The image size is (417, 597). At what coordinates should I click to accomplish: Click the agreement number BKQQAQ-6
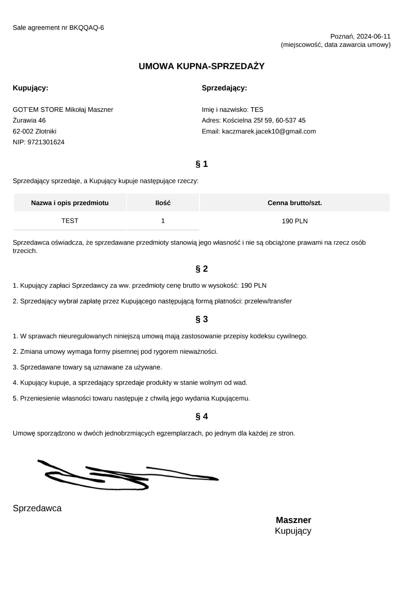tap(86, 28)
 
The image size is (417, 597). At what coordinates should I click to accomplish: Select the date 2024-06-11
tap(373, 36)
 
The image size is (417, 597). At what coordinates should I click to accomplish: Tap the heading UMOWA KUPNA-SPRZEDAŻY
tap(201, 66)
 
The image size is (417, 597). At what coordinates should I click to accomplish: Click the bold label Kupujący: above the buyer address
tap(31, 88)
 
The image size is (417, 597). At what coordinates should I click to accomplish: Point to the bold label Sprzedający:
tap(224, 88)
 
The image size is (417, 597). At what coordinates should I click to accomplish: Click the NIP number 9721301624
tap(46, 142)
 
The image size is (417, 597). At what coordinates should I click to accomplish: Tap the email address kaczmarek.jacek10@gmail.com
tap(269, 131)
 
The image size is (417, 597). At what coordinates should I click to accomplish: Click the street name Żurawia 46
tap(29, 120)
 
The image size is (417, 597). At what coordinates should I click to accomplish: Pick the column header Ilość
tap(163, 203)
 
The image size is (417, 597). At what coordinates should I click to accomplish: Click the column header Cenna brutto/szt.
tap(295, 203)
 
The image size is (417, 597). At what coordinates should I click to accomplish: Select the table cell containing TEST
tap(70, 221)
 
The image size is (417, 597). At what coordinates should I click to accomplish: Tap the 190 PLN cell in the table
tap(295, 221)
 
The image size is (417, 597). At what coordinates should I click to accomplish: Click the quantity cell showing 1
tap(163, 221)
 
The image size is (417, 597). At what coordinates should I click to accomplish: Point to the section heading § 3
tap(201, 319)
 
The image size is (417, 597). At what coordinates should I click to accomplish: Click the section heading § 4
tap(201, 417)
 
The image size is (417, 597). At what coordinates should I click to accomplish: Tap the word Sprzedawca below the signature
tap(37, 508)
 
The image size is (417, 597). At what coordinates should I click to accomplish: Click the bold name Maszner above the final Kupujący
tap(293, 520)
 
